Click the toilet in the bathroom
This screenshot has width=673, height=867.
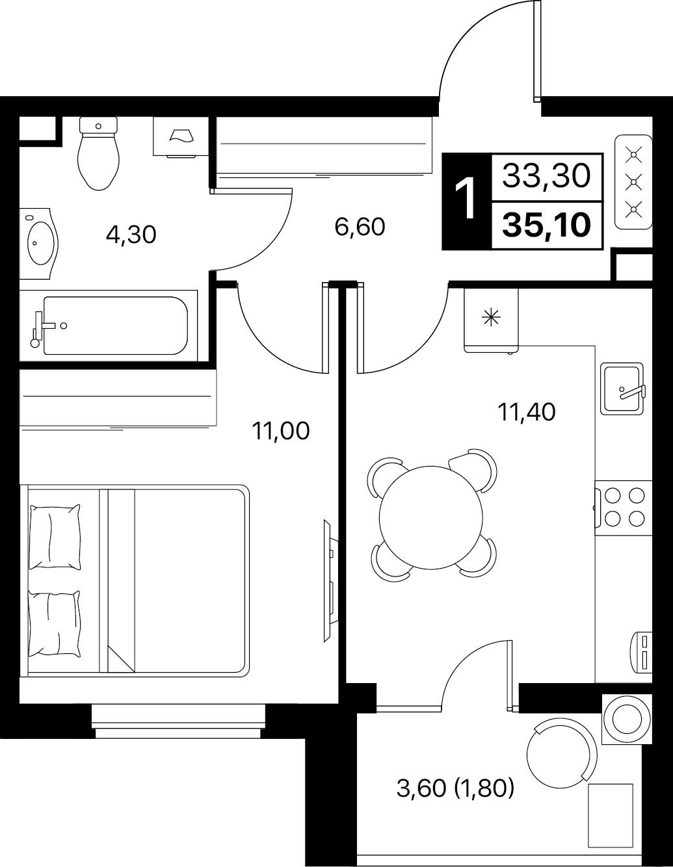click(x=99, y=153)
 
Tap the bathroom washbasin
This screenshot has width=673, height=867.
click(x=39, y=243)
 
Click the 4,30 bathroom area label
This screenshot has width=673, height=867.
click(x=131, y=235)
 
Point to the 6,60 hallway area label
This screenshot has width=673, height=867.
click(x=360, y=227)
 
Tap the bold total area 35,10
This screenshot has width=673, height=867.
click(x=546, y=225)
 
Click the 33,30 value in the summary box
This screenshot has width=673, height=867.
click(x=546, y=176)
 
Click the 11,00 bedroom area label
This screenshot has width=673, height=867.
click(x=281, y=431)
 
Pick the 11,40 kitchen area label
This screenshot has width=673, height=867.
click(x=526, y=412)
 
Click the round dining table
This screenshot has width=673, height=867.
click(x=431, y=517)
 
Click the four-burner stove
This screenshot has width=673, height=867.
click(x=624, y=508)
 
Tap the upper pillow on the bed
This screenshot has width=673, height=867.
click(x=55, y=537)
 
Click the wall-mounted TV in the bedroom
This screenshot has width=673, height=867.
click(x=331, y=580)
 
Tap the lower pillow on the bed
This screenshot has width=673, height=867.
click(x=55, y=623)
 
